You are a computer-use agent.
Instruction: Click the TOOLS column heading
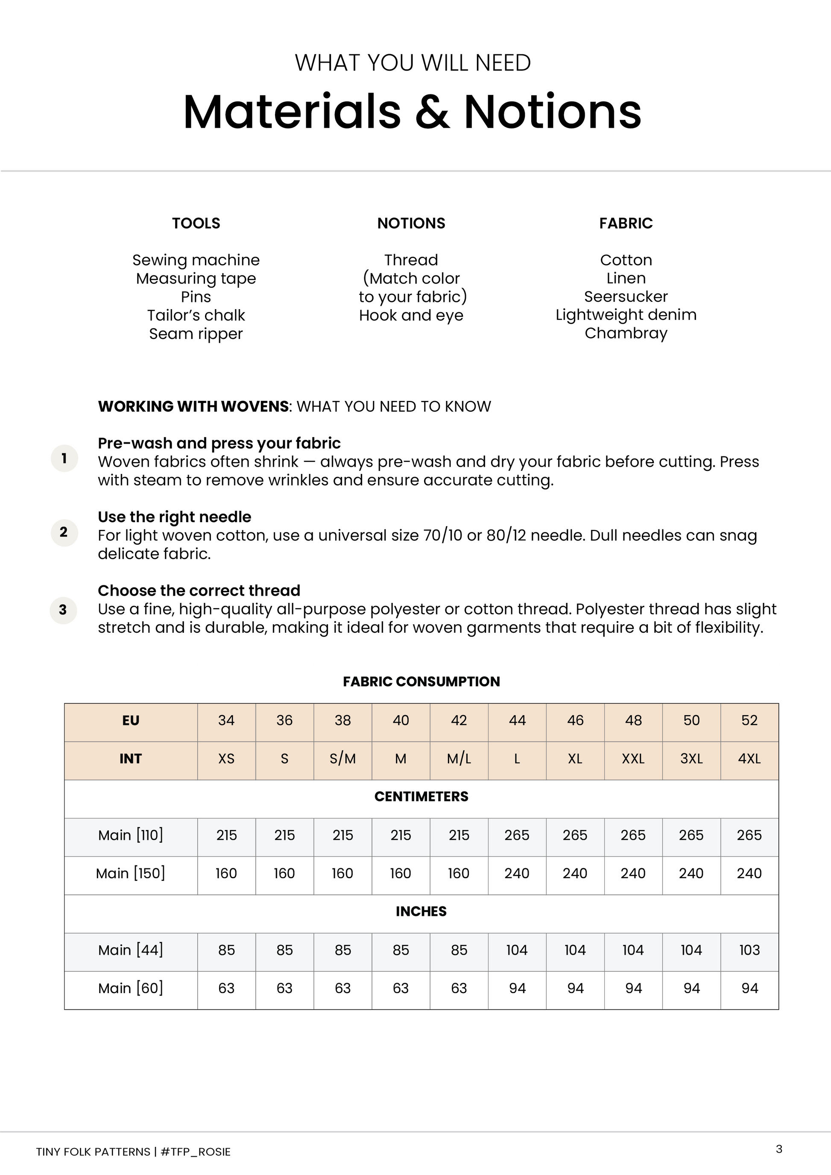click(196, 223)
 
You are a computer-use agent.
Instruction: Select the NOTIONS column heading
click(411, 223)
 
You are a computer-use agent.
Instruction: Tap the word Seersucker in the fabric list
click(626, 297)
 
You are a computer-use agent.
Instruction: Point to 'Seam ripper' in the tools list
click(196, 333)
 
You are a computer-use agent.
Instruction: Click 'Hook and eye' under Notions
click(411, 315)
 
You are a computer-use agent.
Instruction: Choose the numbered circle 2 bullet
click(64, 532)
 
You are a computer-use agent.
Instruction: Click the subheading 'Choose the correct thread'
click(199, 590)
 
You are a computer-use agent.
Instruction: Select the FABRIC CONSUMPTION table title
click(421, 682)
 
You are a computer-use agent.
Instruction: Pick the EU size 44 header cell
click(517, 721)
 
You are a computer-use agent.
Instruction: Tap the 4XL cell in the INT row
click(749, 759)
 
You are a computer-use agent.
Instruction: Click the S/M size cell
click(342, 759)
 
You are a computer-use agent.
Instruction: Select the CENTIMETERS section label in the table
click(421, 797)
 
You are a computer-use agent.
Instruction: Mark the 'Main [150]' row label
click(131, 874)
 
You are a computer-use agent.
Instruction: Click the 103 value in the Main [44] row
click(749, 950)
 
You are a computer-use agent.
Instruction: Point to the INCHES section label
click(421, 912)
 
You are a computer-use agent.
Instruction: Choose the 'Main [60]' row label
click(131, 988)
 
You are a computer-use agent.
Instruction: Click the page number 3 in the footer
click(779, 1149)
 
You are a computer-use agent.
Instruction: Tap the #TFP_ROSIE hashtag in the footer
click(196, 1152)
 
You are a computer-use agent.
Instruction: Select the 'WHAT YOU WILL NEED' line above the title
click(413, 63)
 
